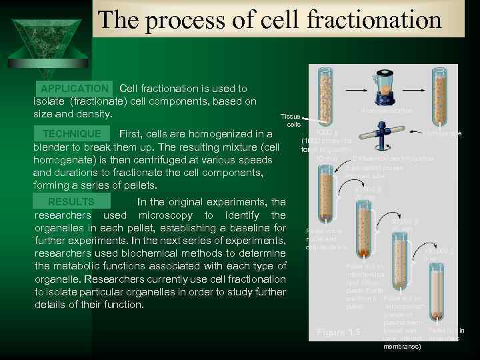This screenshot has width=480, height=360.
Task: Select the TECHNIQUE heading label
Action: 73,133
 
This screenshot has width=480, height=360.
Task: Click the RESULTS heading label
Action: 71,202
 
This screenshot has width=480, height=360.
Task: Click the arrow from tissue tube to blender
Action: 350,89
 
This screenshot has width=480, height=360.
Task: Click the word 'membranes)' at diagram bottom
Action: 403,347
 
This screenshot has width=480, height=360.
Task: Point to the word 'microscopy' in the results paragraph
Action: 161,215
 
